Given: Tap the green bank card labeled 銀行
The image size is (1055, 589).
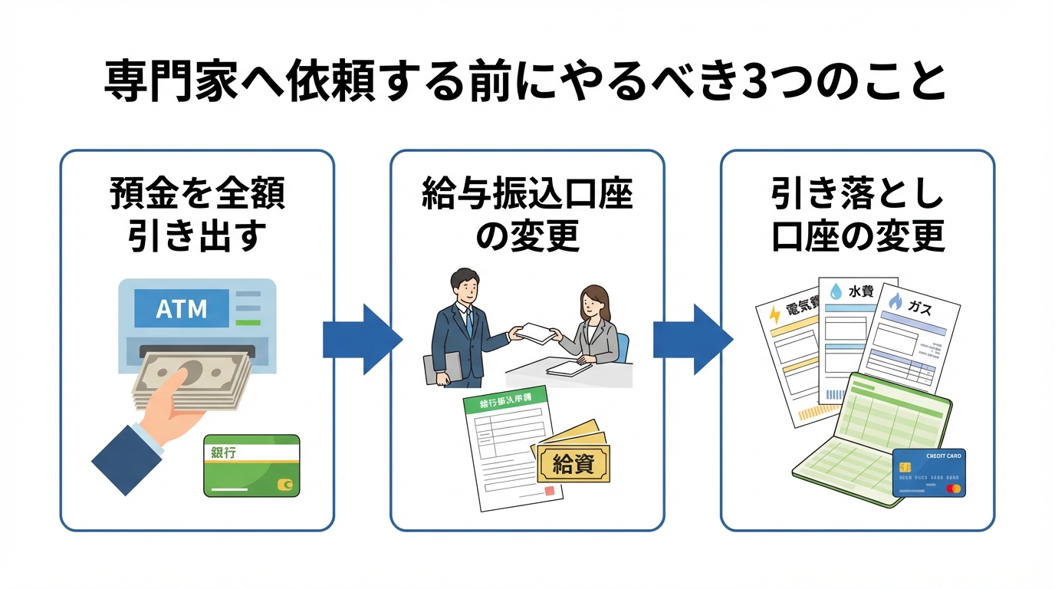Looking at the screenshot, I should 251,465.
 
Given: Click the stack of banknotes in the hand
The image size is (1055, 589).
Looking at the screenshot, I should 196,380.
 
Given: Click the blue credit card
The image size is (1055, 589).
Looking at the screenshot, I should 928,472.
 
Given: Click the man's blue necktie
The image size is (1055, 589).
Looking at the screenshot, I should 468,322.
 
